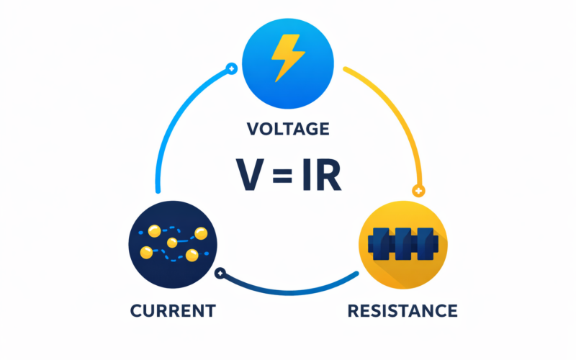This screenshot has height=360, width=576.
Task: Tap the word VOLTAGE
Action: click(x=288, y=130)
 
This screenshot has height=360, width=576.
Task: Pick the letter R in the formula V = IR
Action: click(x=328, y=175)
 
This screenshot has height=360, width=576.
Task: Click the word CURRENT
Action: click(x=173, y=311)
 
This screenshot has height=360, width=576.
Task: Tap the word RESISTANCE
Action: click(x=402, y=311)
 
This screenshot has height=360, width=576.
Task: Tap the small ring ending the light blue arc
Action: click(x=231, y=69)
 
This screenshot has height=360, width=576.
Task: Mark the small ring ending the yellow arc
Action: click(x=417, y=191)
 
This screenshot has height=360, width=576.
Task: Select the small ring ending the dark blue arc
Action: click(x=221, y=273)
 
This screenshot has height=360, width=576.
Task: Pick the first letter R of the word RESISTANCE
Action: click(x=353, y=311)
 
